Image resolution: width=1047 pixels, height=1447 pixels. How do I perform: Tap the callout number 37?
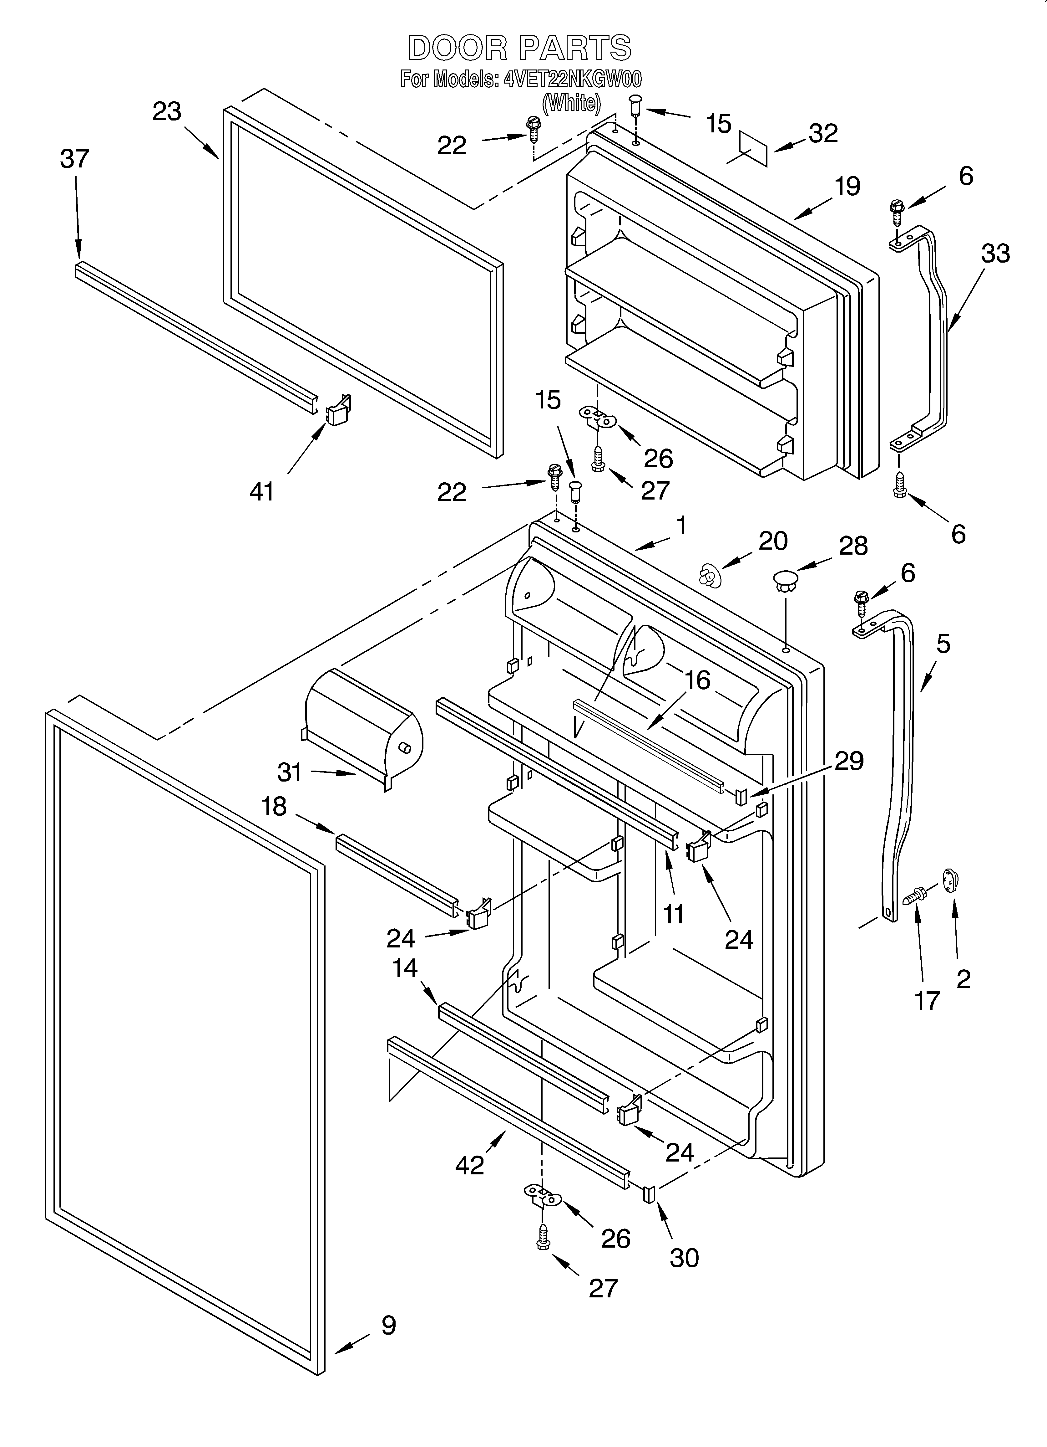click(x=75, y=159)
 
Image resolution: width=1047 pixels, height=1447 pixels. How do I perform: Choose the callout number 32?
click(x=822, y=133)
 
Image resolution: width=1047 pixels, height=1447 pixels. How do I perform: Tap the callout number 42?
click(x=470, y=1166)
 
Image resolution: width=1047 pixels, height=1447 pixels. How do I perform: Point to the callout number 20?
click(x=773, y=541)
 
